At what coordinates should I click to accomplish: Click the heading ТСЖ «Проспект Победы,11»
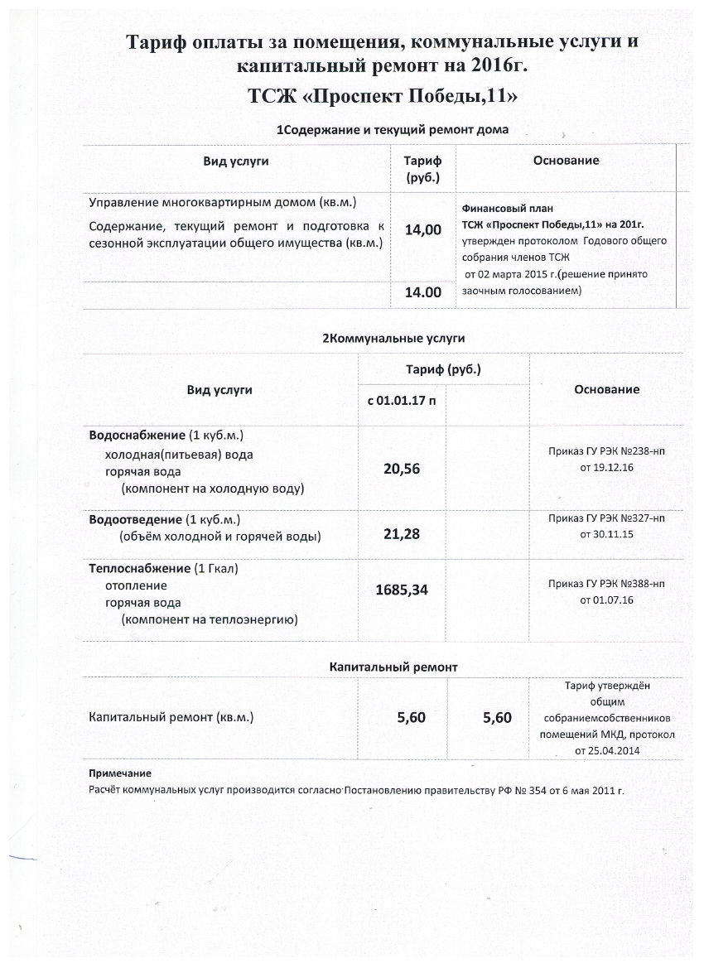383,97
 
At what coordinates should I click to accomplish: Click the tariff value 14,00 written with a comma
422,231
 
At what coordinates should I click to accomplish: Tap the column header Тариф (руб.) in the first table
422,169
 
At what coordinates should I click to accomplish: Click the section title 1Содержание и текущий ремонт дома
391,130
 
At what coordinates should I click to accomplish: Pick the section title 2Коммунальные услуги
393,338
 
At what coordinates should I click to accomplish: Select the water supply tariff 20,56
402,469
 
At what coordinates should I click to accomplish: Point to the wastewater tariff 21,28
402,534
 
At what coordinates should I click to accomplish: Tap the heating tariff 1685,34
402,590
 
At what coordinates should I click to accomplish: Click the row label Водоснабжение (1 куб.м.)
166,436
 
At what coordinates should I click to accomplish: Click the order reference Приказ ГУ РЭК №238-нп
606,452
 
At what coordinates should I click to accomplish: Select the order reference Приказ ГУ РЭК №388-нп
606,584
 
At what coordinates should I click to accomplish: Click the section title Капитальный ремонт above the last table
393,667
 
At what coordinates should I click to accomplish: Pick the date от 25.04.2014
607,751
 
